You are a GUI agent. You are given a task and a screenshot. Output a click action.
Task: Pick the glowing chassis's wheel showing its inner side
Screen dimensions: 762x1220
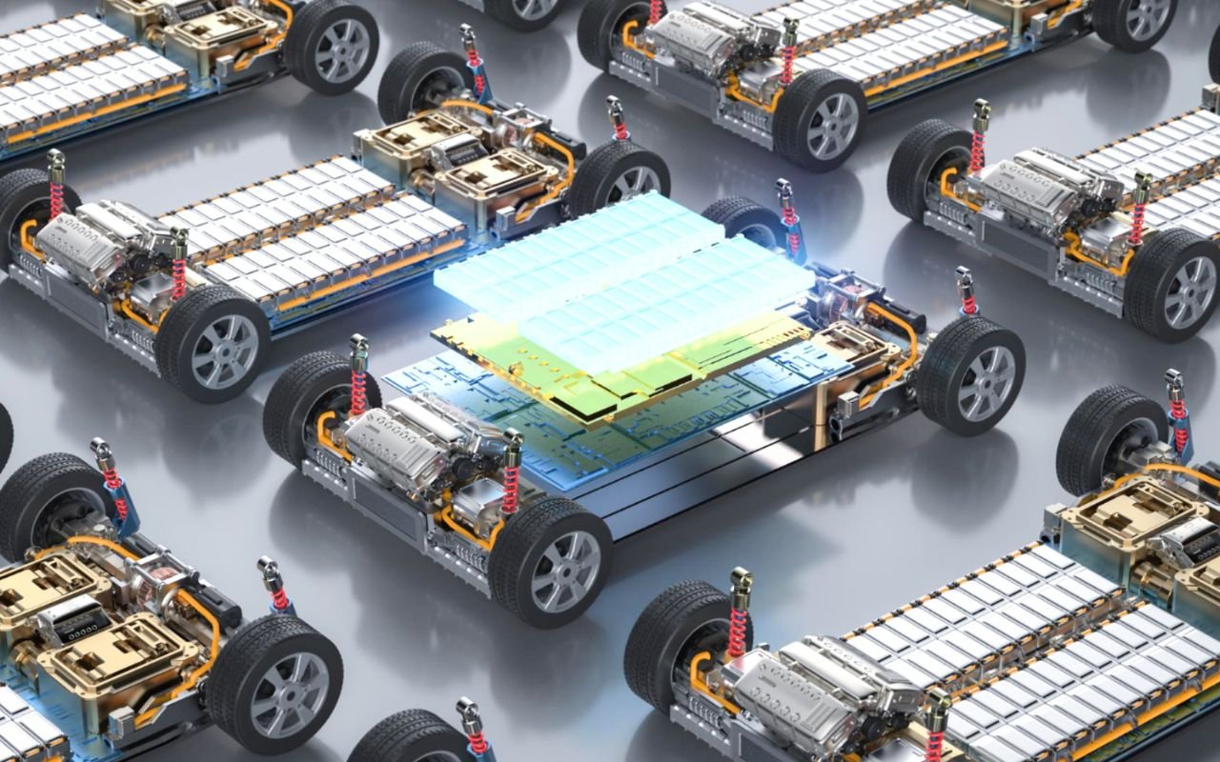point(315,400)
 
